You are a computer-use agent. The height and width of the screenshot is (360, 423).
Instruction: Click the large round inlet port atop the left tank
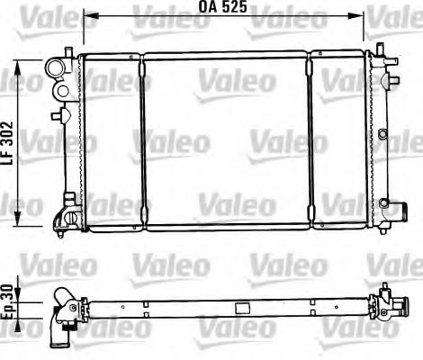57,67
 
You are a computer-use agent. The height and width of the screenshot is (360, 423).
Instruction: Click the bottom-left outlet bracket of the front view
64,217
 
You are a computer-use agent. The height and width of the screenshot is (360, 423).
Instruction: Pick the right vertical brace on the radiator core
310,139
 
